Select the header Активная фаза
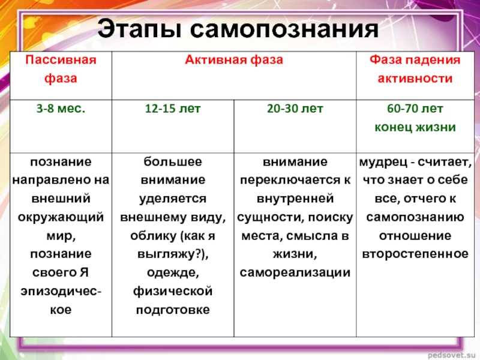coord(234,59)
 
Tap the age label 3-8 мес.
coord(61,109)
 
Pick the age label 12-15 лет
coord(173,109)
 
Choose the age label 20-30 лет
coord(295,109)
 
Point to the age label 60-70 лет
coord(415,109)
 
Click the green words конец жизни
coord(415,127)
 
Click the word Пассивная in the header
coord(61,59)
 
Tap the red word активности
coord(415,79)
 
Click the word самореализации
coord(295,272)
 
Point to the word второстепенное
coord(415,254)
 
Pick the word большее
coord(173,161)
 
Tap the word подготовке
coord(173,310)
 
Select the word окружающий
coord(61,217)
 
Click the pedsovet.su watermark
coord(454,355)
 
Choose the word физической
coord(173,291)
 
